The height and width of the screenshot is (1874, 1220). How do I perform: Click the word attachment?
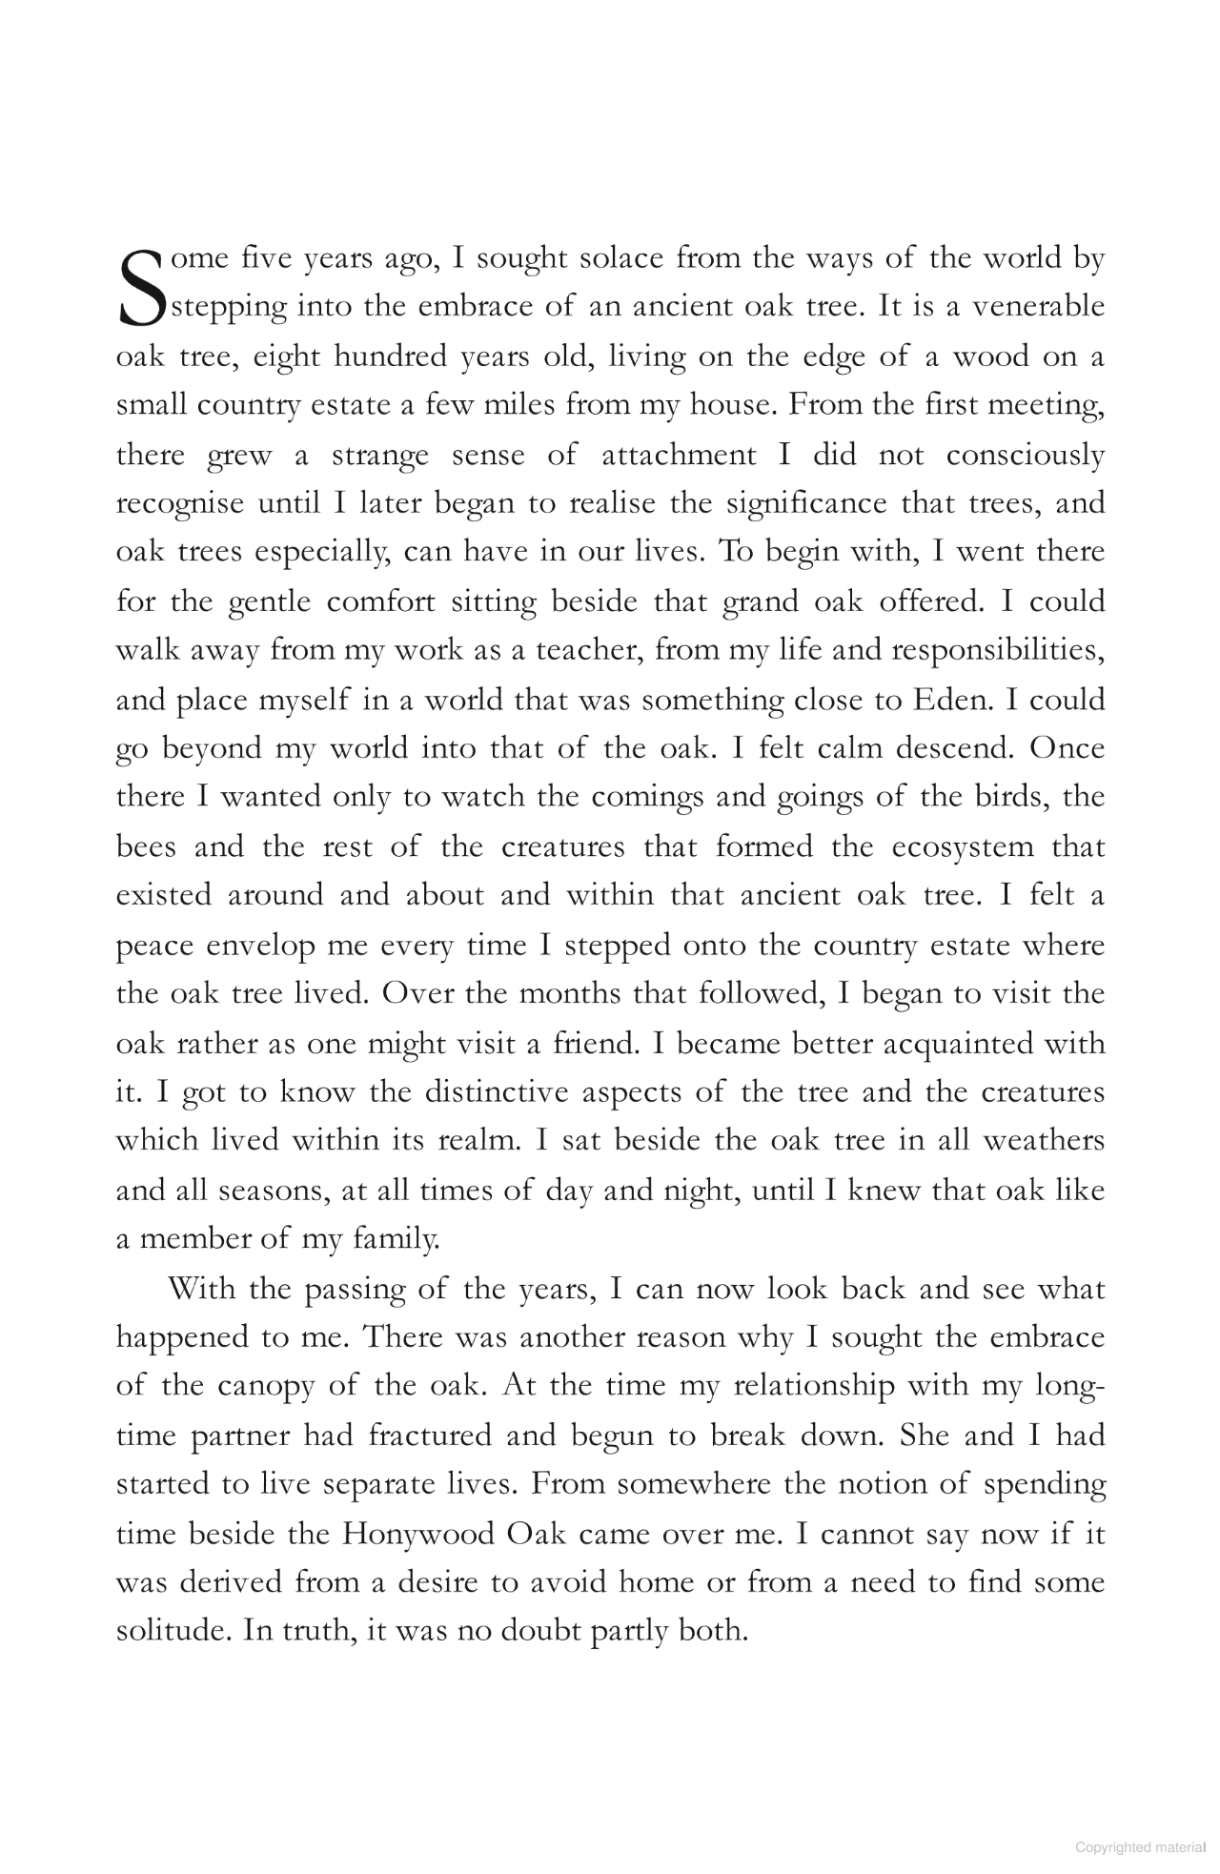coord(679,455)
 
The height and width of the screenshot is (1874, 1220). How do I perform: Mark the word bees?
coord(146,846)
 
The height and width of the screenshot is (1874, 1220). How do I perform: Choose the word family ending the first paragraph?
coord(395,1240)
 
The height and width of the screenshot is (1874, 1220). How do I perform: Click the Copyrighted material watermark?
coord(1140,1846)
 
